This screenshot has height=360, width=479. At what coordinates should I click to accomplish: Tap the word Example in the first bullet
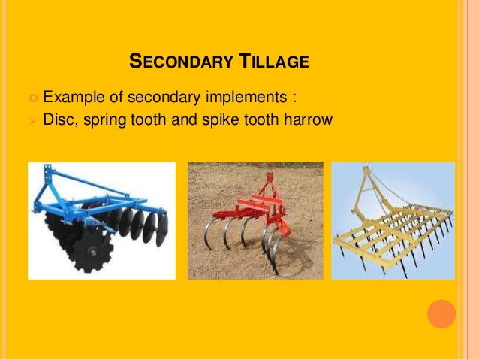click(74, 97)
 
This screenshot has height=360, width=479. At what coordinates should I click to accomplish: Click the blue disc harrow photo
click(101, 220)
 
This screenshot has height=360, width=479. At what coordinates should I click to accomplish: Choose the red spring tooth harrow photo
click(255, 220)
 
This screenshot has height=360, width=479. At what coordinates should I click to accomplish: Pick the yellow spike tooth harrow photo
click(393, 220)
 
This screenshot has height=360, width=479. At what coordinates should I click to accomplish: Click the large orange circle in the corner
click(441, 314)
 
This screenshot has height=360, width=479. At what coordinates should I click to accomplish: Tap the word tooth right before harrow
click(271, 119)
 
